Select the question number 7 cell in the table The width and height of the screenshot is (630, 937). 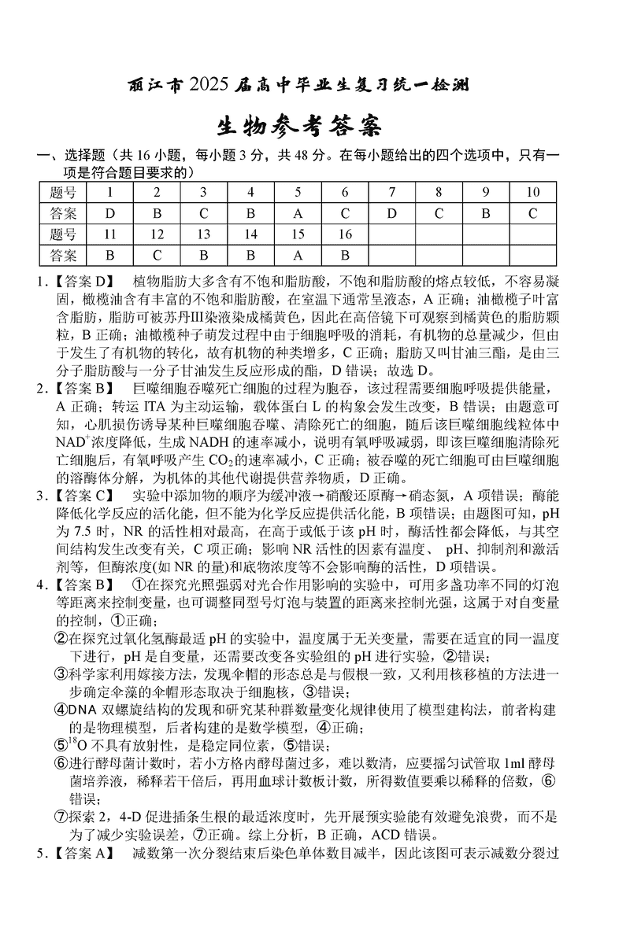[391, 192]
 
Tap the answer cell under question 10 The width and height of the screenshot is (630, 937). [532, 213]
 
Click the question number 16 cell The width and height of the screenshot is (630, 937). [345, 234]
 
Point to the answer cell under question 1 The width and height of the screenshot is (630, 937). [110, 213]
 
